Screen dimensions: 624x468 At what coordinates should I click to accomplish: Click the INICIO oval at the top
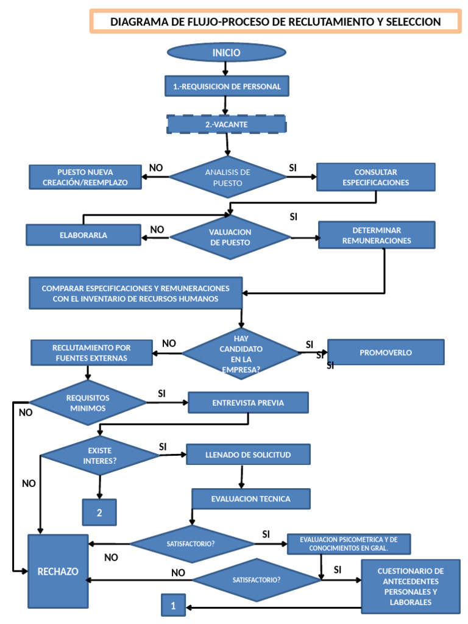pos(226,53)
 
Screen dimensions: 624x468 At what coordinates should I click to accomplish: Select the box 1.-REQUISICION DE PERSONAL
pos(227,87)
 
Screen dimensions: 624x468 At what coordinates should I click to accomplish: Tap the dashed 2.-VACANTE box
pos(226,124)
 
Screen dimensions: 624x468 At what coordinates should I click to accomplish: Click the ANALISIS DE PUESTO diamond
pos(227,177)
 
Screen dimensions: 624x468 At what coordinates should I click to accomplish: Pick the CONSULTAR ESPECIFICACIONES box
pos(375,177)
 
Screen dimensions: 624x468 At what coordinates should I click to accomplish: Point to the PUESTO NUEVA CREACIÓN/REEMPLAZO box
pos(85,177)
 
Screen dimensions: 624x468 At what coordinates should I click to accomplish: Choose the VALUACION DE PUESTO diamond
pos(230,237)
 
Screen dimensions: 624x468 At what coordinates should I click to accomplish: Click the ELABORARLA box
pos(83,235)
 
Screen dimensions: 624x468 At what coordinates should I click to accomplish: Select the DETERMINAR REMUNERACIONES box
pos(377,235)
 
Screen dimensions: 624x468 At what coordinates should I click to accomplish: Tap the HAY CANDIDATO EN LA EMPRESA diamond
pos(241,353)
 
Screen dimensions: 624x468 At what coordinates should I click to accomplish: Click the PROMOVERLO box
pos(386,352)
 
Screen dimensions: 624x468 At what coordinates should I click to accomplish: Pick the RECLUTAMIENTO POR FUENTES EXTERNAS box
pos(91,353)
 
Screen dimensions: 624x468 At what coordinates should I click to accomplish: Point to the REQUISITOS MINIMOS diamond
pos(88,403)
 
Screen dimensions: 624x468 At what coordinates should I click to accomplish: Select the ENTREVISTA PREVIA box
pos(248,403)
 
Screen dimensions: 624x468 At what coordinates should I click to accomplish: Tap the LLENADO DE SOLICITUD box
pos(248,455)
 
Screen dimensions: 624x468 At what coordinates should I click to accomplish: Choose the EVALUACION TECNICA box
pos(250,498)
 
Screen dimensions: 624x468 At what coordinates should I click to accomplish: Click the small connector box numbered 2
pos(99,512)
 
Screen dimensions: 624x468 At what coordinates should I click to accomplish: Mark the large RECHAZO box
pos(58,571)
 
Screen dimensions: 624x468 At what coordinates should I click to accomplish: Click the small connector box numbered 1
pos(174,606)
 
